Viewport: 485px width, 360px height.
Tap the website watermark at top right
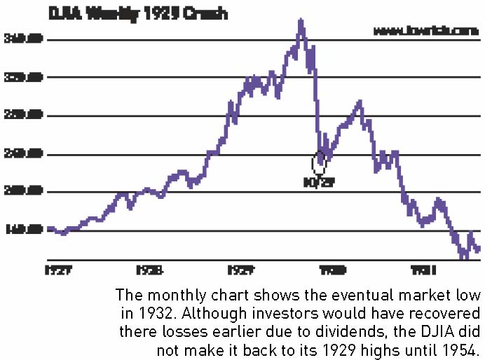pyautogui.click(x=425, y=32)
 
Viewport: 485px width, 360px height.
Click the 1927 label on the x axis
pyautogui.click(x=58, y=270)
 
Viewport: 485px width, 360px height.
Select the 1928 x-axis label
pyautogui.click(x=150, y=270)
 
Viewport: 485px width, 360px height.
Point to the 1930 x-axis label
pyautogui.click(x=332, y=270)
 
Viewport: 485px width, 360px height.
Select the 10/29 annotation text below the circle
pyautogui.click(x=320, y=184)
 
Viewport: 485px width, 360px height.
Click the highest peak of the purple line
pyautogui.click(x=301, y=21)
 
